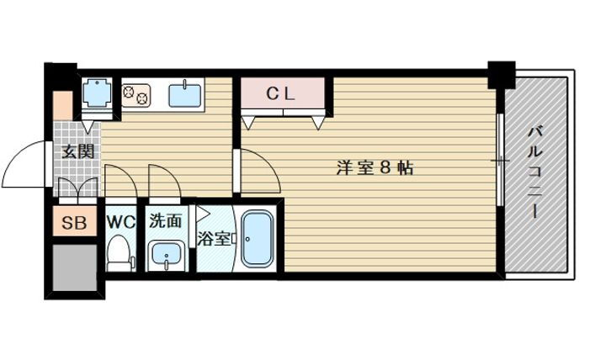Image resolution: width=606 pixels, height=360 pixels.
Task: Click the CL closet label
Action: coord(282,93)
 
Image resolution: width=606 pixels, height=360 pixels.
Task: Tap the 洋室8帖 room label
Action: coord(375,167)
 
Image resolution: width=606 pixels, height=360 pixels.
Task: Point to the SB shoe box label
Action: coord(74,224)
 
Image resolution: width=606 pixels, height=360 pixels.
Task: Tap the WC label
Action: coord(120,223)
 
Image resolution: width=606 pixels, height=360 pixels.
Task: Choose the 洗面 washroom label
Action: coord(166,222)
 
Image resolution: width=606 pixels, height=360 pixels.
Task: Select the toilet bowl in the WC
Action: coord(120,253)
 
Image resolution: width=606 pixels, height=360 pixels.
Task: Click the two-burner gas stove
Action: coord(136,93)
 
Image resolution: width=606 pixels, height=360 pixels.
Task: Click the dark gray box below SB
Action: coord(74,267)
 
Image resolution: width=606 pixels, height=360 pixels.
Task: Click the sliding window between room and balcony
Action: coord(500,160)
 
